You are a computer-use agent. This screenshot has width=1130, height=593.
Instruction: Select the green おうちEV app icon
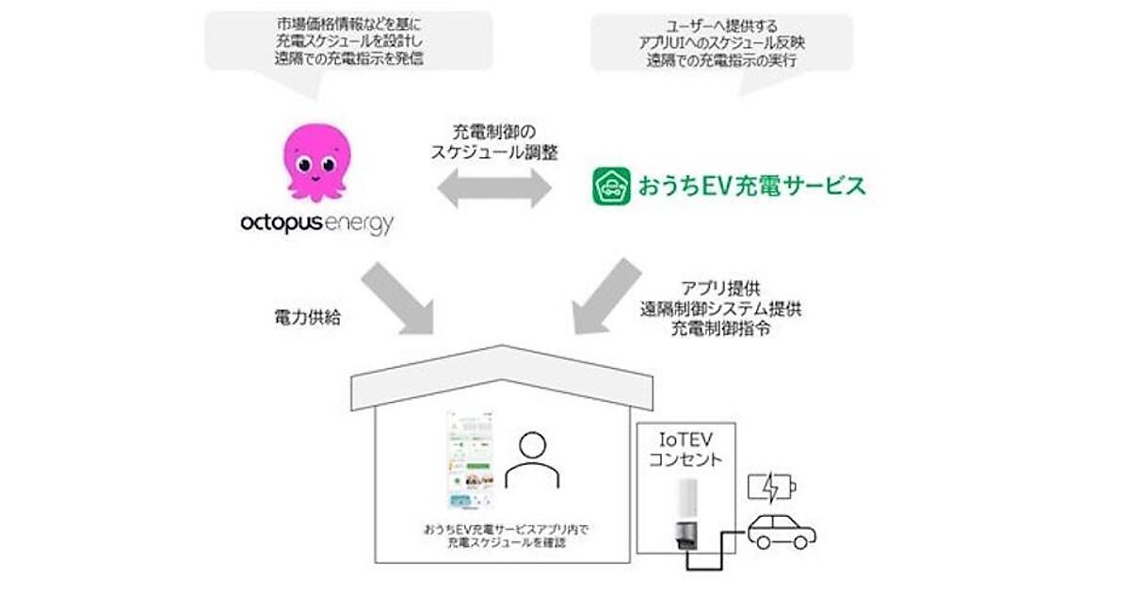point(610,185)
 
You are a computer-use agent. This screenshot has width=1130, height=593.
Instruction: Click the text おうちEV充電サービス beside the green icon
point(743,185)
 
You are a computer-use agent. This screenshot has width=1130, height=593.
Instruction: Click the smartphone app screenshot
point(472,461)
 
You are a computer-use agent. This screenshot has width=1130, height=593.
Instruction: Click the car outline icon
point(781,532)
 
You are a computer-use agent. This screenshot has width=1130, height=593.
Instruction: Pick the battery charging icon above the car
point(771,489)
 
